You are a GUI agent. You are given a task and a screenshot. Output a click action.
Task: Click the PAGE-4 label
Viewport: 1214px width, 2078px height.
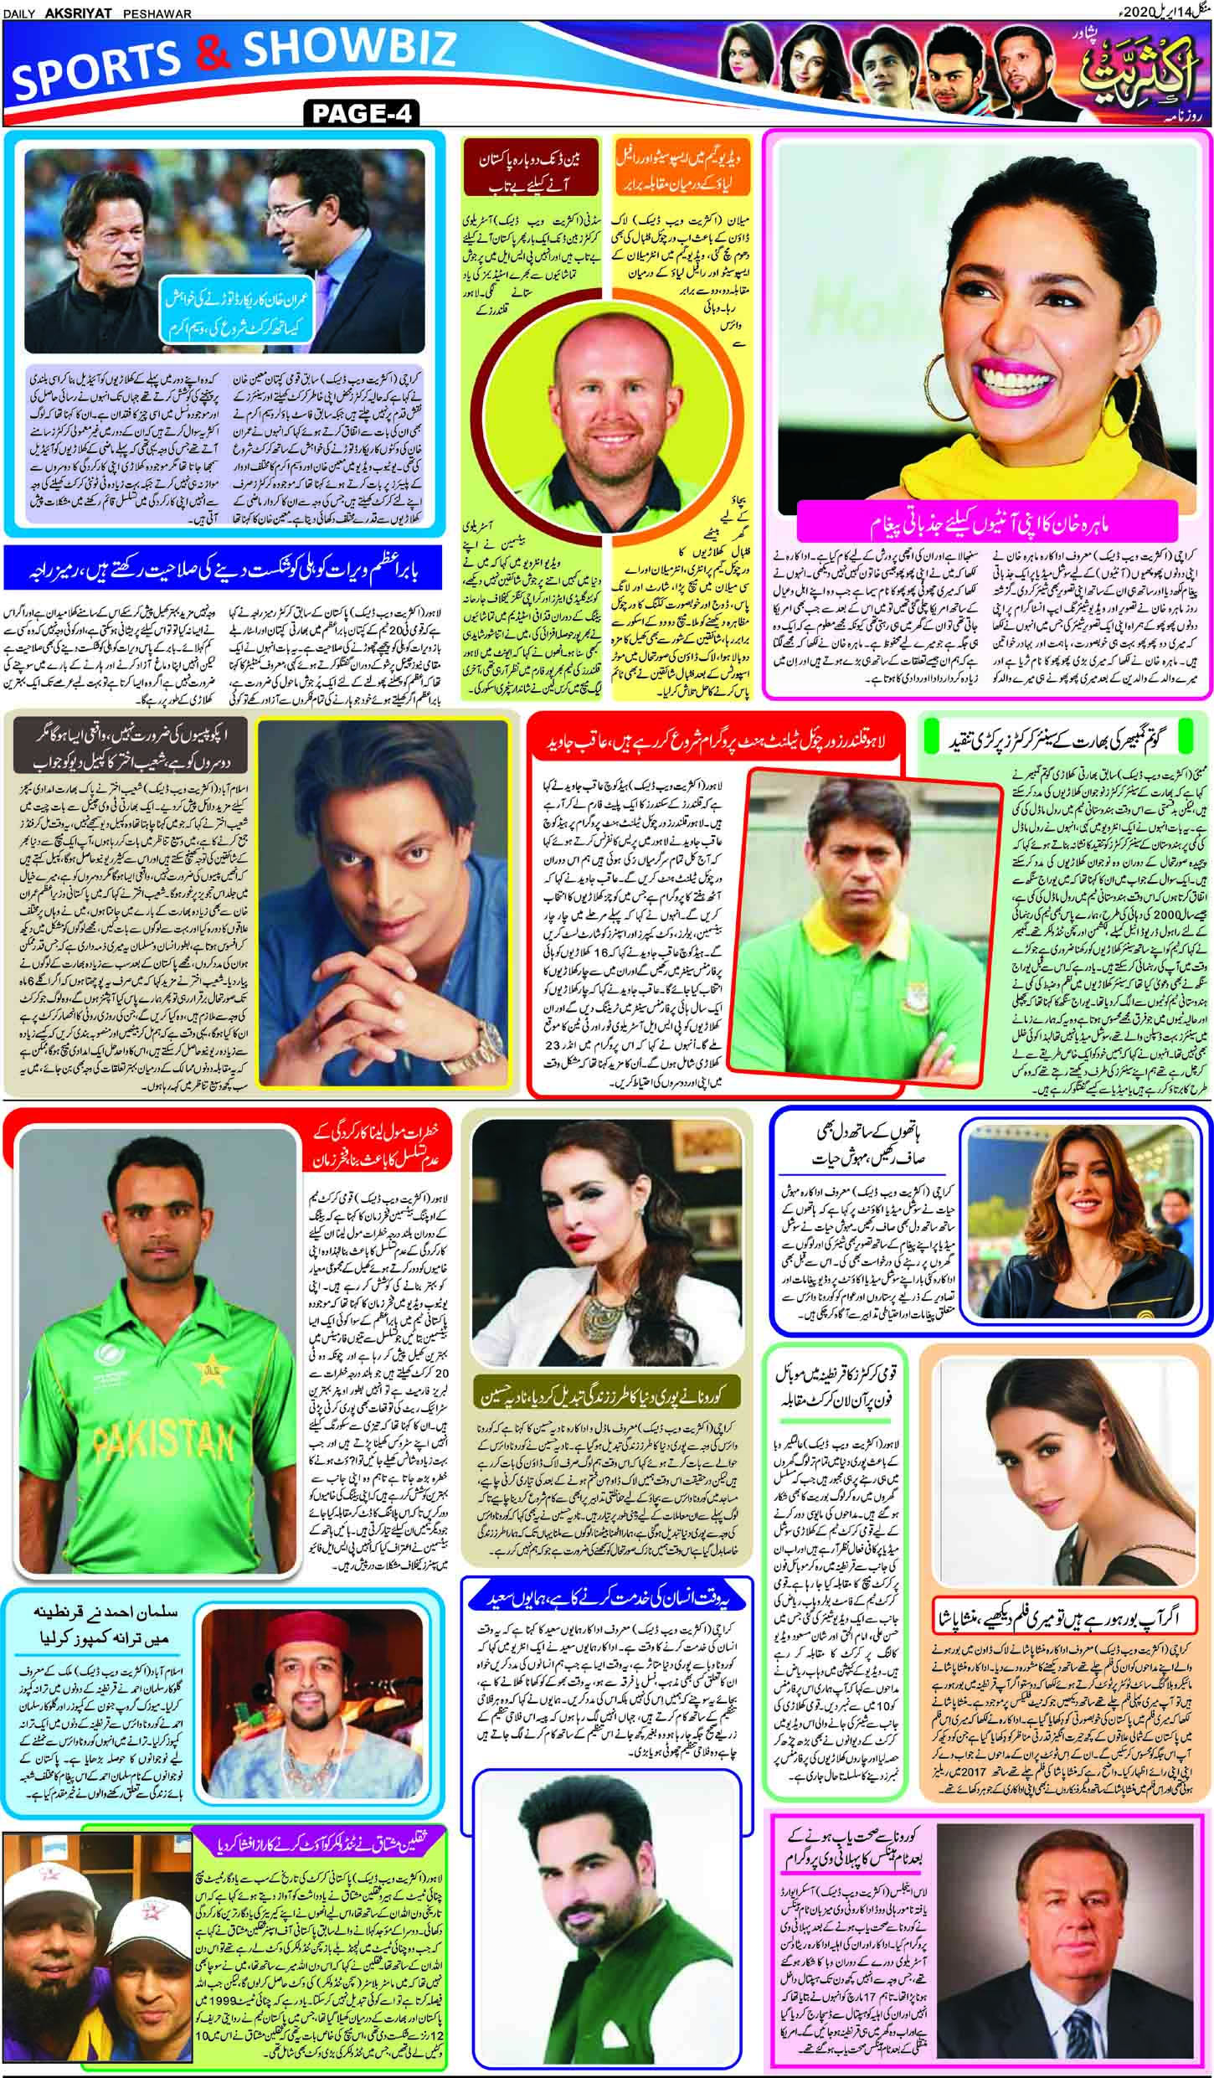coord(362,113)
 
